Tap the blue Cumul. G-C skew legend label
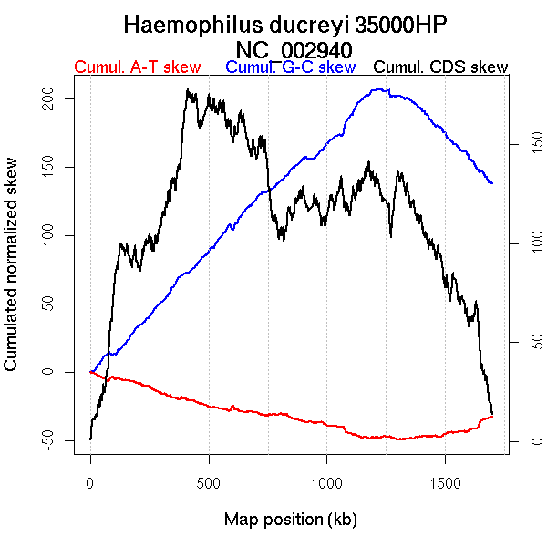[290, 67]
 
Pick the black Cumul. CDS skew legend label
[441, 67]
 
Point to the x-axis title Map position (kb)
[290, 520]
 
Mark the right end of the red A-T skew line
[492, 416]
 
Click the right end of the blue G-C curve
[492, 183]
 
